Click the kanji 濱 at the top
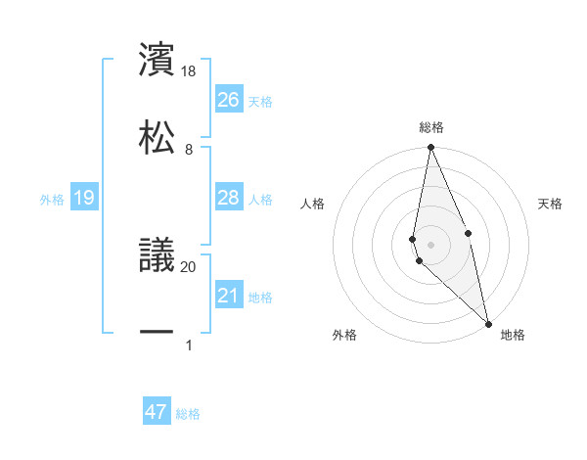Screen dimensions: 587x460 tap(157, 59)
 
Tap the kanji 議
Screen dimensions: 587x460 tap(157, 255)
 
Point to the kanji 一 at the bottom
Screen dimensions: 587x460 tap(157, 333)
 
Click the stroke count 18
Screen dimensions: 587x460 tap(189, 71)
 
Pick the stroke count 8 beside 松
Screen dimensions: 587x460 tap(188, 150)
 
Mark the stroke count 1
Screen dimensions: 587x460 tap(188, 345)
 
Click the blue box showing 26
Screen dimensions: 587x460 tap(229, 99)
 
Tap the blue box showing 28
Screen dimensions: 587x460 tap(229, 198)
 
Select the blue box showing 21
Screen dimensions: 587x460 tap(229, 296)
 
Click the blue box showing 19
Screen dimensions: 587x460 tap(84, 198)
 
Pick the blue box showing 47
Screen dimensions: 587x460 tap(157, 412)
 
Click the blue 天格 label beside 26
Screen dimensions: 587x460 tap(260, 101)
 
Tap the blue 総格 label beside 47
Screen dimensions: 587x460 tap(188, 414)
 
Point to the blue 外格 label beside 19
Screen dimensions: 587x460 tap(52, 200)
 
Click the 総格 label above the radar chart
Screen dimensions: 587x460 tap(431, 127)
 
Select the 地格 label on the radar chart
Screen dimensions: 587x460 tap(513, 335)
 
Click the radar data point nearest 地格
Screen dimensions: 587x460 tap(488, 323)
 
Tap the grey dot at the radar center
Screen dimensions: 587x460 tap(431, 243)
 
